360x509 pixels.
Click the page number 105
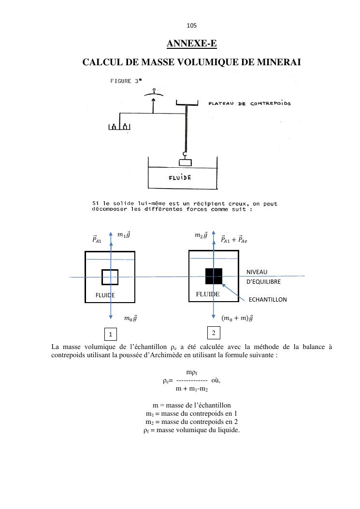coord(191,26)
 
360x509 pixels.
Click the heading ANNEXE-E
coord(191,44)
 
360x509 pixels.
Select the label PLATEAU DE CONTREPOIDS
coord(249,103)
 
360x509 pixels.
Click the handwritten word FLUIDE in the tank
coord(180,177)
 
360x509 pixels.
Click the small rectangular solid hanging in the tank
coord(185,162)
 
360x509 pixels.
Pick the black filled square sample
coord(214,276)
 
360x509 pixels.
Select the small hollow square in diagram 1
coord(110,277)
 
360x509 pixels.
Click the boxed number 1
coord(111,334)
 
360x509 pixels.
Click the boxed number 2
coord(214,333)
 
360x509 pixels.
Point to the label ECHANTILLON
coord(268,300)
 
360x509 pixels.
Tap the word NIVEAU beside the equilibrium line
coord(257,272)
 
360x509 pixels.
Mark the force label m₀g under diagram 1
coord(130,318)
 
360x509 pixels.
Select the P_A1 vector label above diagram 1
coord(97,239)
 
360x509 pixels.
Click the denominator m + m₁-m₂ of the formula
coord(192,389)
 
